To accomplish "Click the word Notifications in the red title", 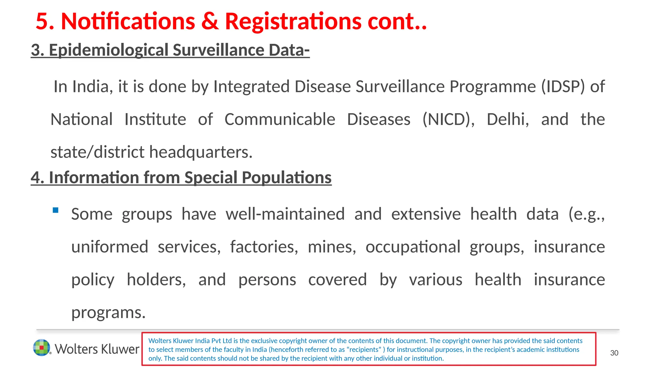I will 128,21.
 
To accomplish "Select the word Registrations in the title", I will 293,21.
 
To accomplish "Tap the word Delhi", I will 508,119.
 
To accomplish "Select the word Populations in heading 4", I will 287,178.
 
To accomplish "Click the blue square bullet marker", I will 56,210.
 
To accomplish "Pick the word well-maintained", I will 285,214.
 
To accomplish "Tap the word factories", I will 264,247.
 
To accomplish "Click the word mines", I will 332,247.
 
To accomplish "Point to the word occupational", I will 413,247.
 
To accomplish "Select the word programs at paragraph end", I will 108,312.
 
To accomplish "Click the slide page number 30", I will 614,353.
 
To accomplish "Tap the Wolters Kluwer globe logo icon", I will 42,348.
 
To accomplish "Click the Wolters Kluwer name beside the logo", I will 97,349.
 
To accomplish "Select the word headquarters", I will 201,152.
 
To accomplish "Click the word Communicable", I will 280,119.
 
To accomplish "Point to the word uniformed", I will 110,247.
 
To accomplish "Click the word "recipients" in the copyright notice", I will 364,350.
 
